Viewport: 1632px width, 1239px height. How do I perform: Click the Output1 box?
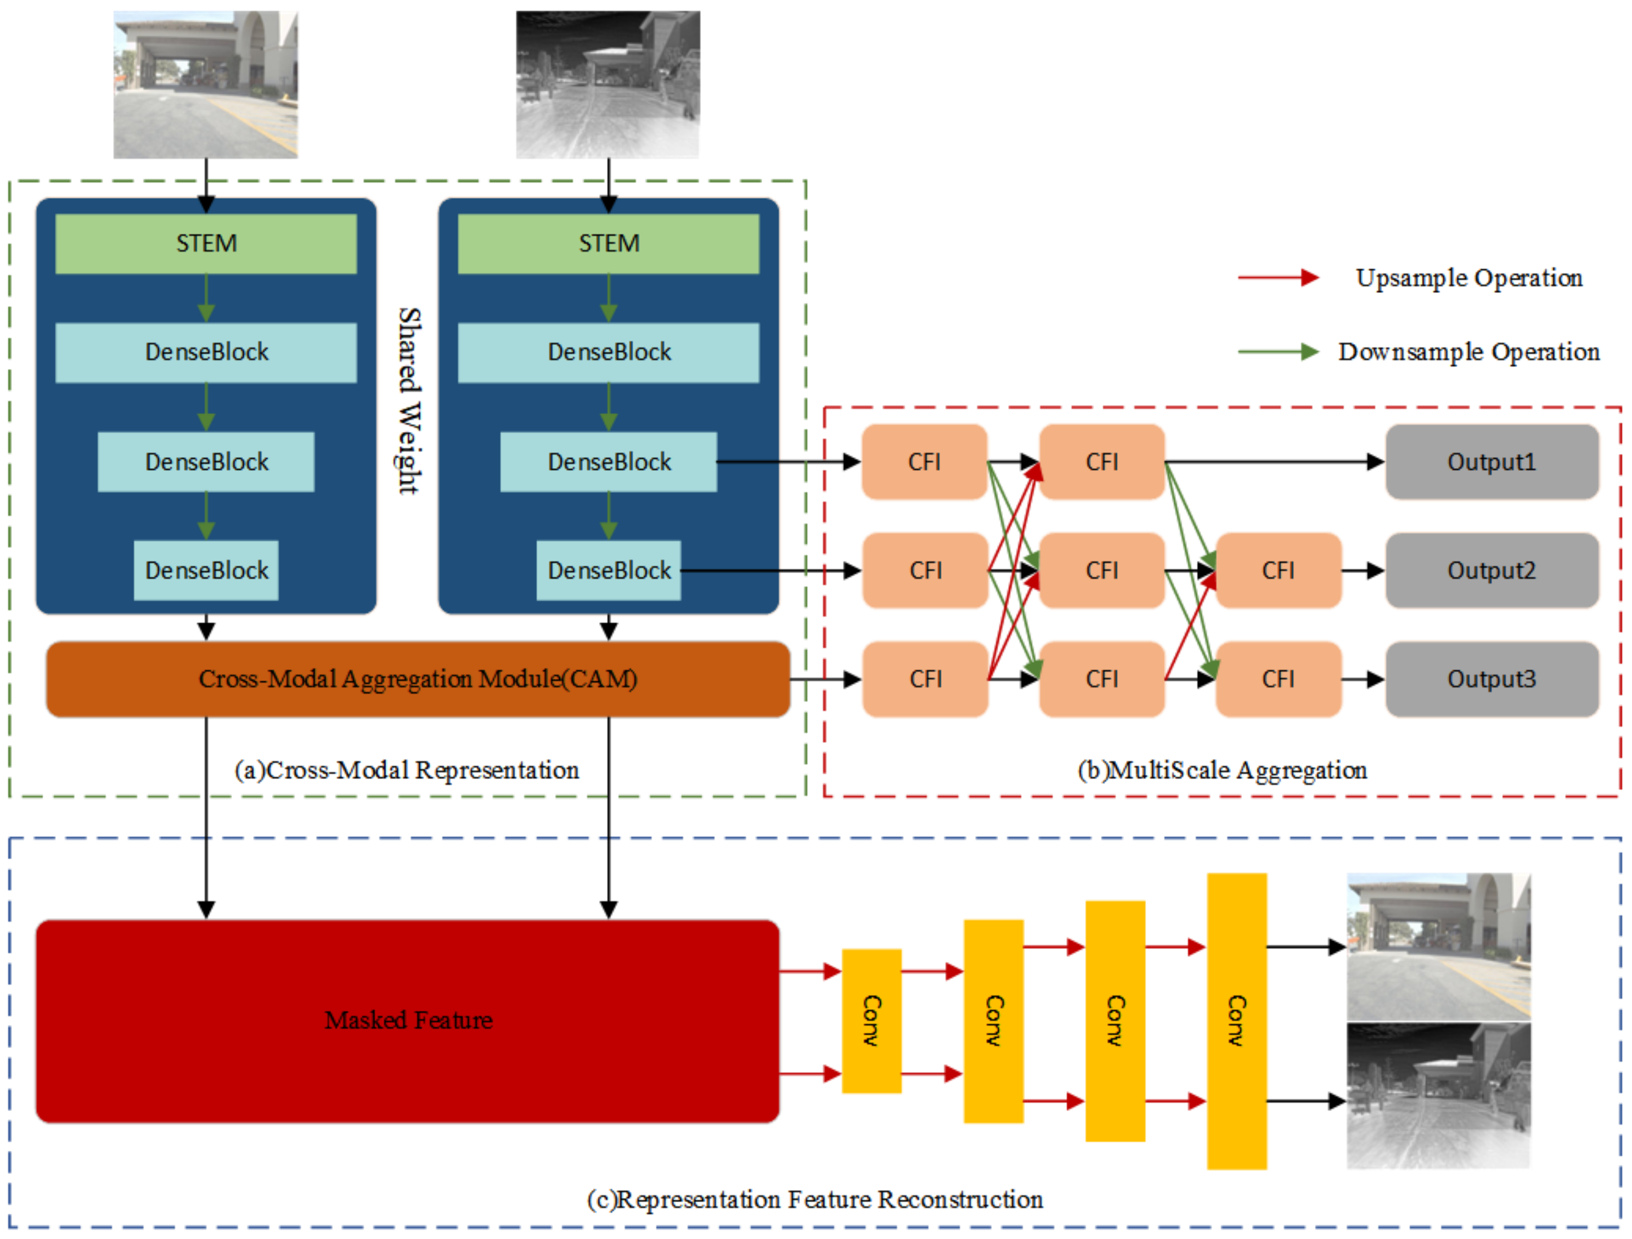click(x=1491, y=462)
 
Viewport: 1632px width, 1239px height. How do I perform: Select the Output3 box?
click(x=1491, y=679)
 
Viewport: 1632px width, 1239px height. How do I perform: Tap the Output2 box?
click(x=1491, y=571)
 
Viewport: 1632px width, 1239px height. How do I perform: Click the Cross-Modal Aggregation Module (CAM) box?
click(x=418, y=679)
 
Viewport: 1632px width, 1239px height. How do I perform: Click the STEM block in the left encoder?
click(x=206, y=244)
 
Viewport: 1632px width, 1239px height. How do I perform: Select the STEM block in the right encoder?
click(x=608, y=244)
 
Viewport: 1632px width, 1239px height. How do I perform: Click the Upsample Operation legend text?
click(x=1468, y=278)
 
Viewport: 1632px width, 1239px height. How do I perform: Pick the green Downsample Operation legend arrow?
click(x=1278, y=352)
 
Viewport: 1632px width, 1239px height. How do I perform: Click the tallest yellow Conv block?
click(x=1236, y=1021)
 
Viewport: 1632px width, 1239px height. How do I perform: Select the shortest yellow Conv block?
click(x=871, y=1021)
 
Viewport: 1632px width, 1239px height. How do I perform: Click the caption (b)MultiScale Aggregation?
click(x=1222, y=770)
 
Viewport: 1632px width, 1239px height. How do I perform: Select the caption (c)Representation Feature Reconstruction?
click(x=814, y=1199)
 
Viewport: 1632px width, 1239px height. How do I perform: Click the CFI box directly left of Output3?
click(x=1278, y=679)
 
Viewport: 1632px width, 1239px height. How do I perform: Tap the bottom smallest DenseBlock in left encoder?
click(x=206, y=571)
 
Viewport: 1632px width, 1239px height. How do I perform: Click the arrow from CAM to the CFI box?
click(x=825, y=679)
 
